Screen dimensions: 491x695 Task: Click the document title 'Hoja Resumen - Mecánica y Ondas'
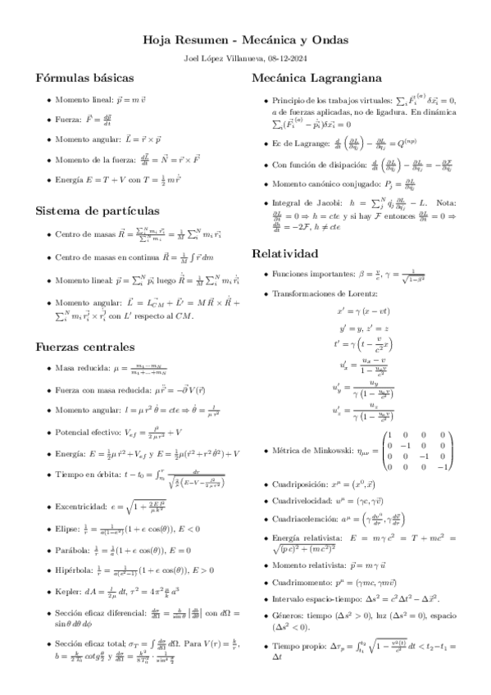[x=245, y=39]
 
